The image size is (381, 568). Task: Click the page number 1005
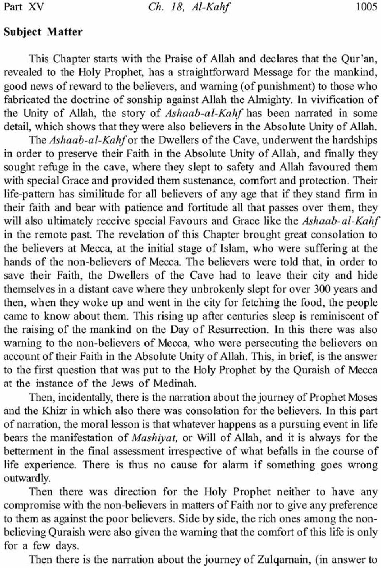tap(367, 8)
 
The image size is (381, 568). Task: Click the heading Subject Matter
tap(43, 32)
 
